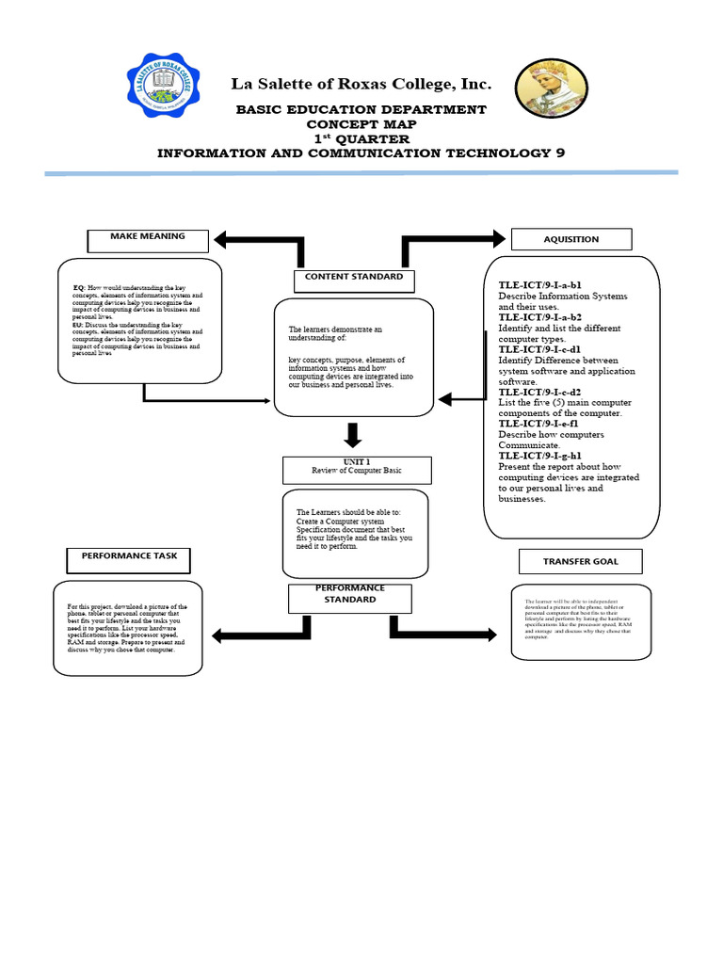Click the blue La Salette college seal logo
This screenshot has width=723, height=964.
pos(161,91)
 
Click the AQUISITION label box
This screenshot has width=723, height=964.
pos(570,239)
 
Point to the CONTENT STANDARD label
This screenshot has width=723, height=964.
pos(353,279)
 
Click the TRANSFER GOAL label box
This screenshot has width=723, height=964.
pos(580,562)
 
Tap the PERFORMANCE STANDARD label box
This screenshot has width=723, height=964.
pos(349,595)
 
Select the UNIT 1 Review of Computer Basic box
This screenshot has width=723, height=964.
pos(357,468)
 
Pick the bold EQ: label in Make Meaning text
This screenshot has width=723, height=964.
pos(80,287)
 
